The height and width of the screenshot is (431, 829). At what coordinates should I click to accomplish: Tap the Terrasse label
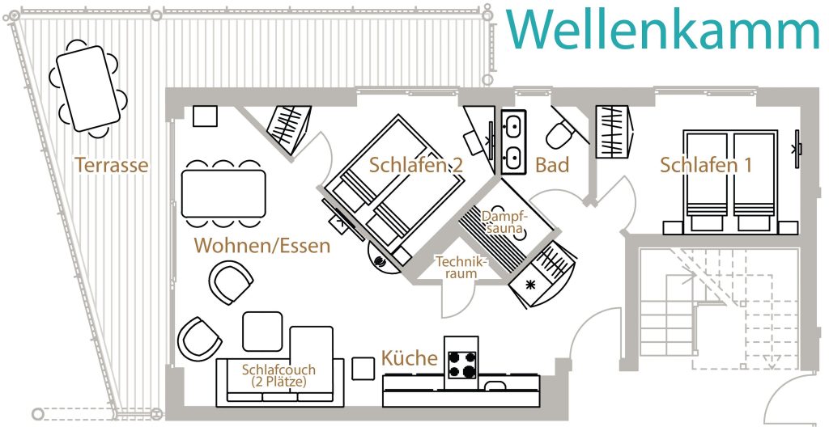click(112, 165)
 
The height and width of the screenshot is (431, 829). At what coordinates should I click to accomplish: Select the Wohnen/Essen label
click(261, 245)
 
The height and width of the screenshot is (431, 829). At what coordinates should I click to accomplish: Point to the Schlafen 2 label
click(416, 165)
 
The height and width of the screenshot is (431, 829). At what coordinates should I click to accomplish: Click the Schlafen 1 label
click(706, 165)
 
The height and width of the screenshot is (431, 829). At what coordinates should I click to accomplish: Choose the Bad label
click(552, 165)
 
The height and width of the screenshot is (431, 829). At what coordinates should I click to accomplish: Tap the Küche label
click(410, 358)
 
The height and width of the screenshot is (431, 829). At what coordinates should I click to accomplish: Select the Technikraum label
click(461, 268)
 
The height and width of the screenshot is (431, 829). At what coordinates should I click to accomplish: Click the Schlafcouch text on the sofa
click(278, 375)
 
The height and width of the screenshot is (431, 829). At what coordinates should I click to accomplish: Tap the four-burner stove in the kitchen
click(461, 363)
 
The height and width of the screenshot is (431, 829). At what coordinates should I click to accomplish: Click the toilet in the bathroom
click(559, 133)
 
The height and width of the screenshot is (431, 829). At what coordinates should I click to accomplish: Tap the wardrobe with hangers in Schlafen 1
click(613, 132)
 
